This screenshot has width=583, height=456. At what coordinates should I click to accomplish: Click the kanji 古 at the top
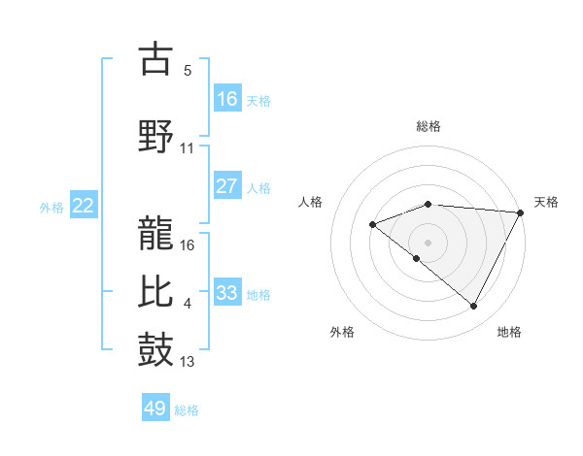tap(156, 59)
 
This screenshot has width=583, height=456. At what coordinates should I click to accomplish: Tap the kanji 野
tap(156, 135)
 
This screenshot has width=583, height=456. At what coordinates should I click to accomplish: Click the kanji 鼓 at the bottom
tap(156, 349)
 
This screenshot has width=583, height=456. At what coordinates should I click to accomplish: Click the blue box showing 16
tap(227, 99)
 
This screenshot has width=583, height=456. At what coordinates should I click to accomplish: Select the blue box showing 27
tap(227, 186)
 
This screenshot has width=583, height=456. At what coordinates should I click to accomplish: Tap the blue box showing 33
tap(227, 292)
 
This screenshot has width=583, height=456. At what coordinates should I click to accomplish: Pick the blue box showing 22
tap(84, 205)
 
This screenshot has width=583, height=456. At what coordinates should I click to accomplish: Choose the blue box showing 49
tap(155, 408)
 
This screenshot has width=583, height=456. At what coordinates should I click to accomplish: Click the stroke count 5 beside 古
tap(188, 70)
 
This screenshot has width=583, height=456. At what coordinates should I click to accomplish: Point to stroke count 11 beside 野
tap(188, 147)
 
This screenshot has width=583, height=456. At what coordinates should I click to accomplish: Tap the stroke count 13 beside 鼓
tap(188, 363)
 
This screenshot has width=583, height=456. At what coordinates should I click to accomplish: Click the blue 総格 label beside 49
tap(188, 410)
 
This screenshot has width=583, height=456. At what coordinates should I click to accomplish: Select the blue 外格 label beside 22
tap(51, 207)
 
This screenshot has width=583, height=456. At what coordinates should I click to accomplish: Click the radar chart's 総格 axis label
tap(428, 126)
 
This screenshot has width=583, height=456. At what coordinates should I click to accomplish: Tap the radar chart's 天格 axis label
tap(546, 202)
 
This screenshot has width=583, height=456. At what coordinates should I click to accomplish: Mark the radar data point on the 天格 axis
tap(521, 212)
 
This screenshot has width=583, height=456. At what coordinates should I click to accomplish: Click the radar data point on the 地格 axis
tap(474, 307)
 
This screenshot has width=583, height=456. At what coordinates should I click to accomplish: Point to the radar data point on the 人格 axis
tap(372, 225)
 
